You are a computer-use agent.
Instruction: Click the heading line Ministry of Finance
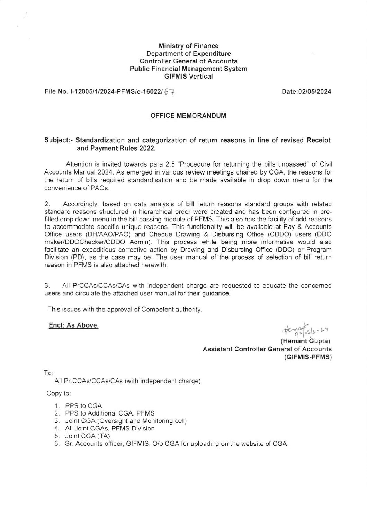(x=188, y=46)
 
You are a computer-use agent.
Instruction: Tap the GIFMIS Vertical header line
(x=188, y=76)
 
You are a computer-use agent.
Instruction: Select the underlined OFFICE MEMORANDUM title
(x=188, y=116)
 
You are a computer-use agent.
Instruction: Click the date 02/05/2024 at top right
(x=306, y=92)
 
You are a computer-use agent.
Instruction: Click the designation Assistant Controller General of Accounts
(x=267, y=349)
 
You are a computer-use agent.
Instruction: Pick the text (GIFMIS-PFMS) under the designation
(x=307, y=357)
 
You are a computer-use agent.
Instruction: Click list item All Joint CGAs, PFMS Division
(x=109, y=429)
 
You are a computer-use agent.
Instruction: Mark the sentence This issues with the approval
(x=125, y=309)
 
